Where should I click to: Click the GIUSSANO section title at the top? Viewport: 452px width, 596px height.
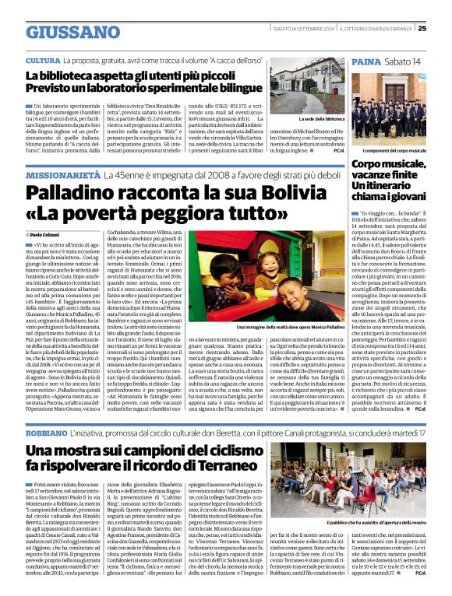72,32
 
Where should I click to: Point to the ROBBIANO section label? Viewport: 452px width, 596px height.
46,430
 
